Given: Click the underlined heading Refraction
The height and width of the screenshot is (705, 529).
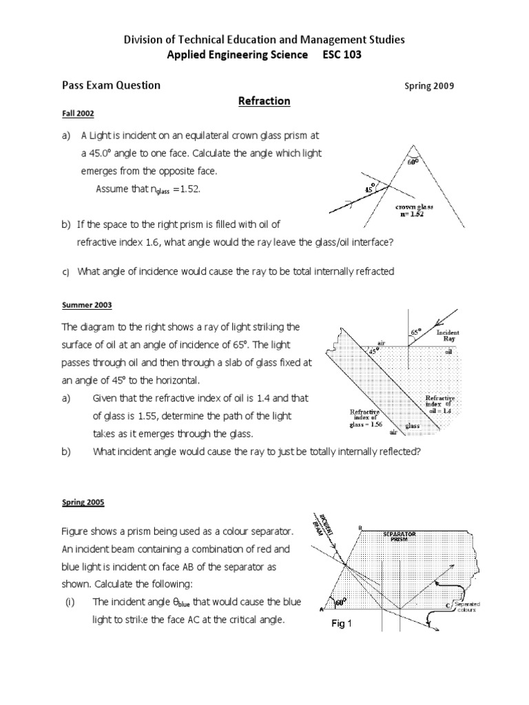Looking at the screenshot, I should pos(264,101).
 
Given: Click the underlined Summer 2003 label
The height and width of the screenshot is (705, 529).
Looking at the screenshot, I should pos(87,304).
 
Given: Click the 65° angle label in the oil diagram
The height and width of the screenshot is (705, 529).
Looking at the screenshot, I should pos(415,332).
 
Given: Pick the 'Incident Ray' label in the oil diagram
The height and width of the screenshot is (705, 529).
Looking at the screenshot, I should pos(448,335).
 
